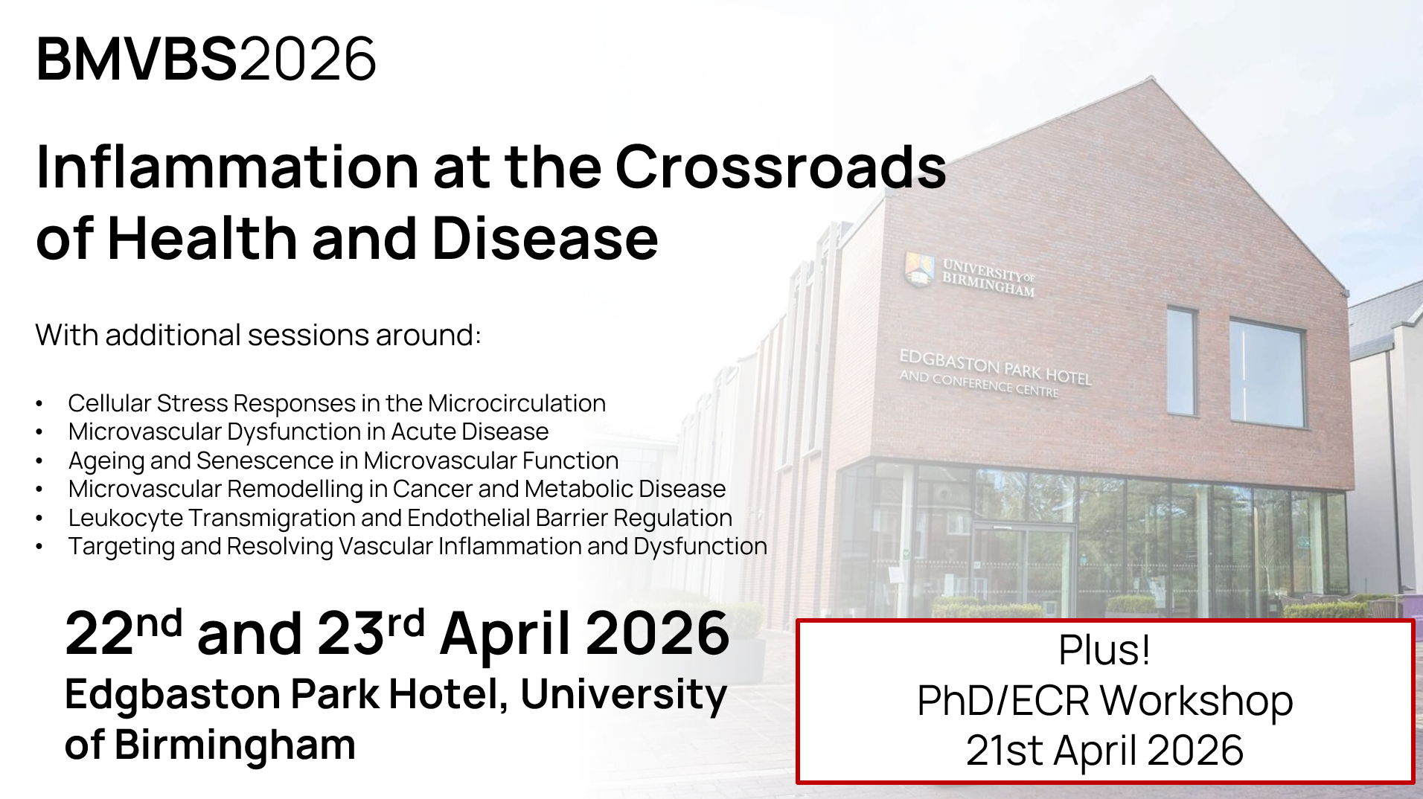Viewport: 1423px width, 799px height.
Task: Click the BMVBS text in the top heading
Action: [x=137, y=59]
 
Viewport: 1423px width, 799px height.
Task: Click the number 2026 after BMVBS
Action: [x=308, y=59]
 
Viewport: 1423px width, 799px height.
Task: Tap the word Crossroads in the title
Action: [x=781, y=167]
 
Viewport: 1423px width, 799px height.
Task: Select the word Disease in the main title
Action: [x=546, y=239]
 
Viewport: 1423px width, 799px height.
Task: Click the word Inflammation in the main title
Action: [x=228, y=167]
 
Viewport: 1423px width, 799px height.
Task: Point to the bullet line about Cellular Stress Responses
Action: [x=337, y=403]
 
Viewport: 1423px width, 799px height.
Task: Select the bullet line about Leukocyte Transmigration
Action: [x=400, y=518]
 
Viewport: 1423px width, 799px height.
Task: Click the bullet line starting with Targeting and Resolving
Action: [x=418, y=546]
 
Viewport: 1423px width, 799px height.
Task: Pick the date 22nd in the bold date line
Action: [x=124, y=632]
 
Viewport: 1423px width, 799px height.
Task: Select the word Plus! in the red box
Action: [x=1104, y=649]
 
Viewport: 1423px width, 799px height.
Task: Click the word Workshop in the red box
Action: [x=1197, y=701]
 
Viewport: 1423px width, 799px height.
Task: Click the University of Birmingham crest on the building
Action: [x=920, y=269]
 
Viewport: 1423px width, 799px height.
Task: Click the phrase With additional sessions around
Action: [x=258, y=336]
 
